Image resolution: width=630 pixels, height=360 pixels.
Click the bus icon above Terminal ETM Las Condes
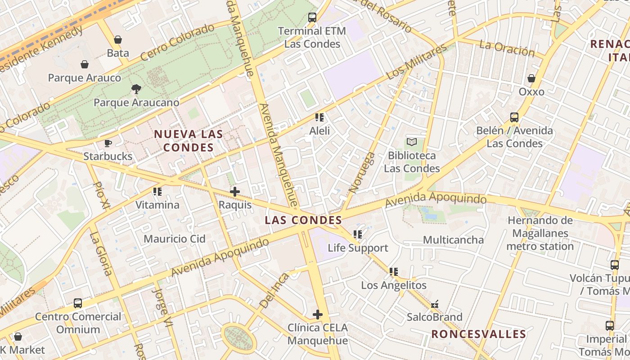pyautogui.click(x=312, y=18)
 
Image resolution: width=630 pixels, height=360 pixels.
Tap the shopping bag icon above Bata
pyautogui.click(x=118, y=40)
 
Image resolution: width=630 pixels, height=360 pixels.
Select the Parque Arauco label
pyautogui.click(x=85, y=78)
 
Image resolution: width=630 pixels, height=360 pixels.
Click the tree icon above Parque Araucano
pyautogui.click(x=136, y=89)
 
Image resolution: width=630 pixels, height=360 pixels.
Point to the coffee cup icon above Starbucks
pyautogui.click(x=108, y=143)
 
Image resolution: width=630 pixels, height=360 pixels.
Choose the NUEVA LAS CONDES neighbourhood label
pyautogui.click(x=189, y=140)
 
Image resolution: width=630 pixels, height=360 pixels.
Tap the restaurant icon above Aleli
pyautogui.click(x=319, y=118)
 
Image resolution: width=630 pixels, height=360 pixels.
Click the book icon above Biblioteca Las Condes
pyautogui.click(x=412, y=142)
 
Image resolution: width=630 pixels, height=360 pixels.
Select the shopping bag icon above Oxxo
pyautogui.click(x=531, y=78)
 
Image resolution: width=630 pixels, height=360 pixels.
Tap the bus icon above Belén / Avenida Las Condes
pyautogui.click(x=514, y=117)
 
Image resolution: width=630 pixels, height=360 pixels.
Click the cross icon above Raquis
pyautogui.click(x=234, y=192)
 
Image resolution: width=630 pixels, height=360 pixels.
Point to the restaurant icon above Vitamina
pyautogui.click(x=157, y=192)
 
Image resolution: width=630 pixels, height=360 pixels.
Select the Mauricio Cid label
pyautogui.click(x=175, y=239)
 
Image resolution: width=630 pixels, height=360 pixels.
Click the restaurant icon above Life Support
pyautogui.click(x=358, y=234)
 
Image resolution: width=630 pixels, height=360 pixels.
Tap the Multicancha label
pyautogui.click(x=453, y=240)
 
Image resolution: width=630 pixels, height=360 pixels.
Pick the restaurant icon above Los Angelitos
pyautogui.click(x=394, y=272)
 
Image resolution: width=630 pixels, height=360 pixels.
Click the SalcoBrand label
pyautogui.click(x=435, y=317)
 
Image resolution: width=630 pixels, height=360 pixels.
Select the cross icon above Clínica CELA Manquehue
pyautogui.click(x=318, y=314)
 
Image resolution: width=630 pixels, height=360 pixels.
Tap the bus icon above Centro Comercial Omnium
pyautogui.click(x=78, y=303)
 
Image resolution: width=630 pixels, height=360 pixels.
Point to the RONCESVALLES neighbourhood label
pyautogui.click(x=479, y=334)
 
